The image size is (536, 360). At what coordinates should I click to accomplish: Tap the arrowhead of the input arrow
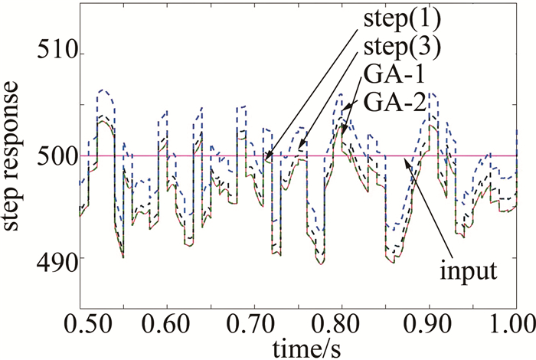pos(406,159)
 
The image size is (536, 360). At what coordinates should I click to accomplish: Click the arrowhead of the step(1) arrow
pos(266,161)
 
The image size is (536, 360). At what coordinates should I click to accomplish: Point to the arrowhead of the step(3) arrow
pos(299,149)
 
